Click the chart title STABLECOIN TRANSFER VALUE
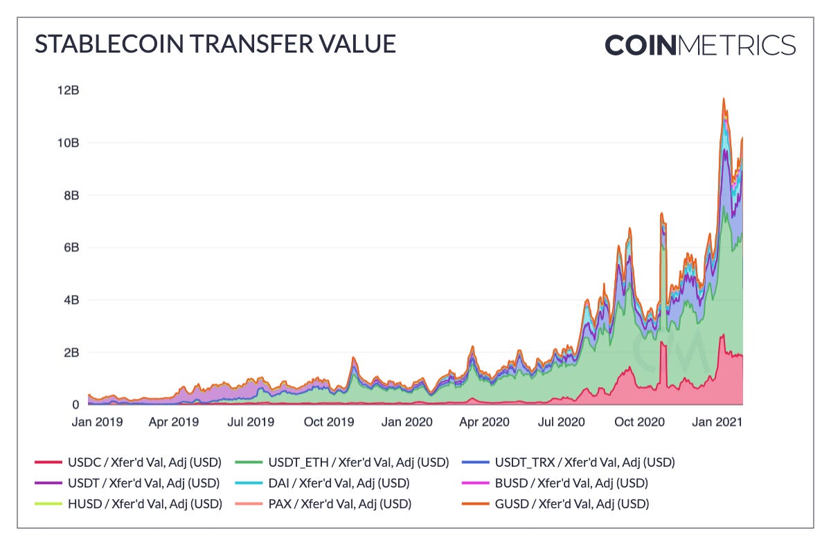coord(215,44)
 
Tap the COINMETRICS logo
coord(699,45)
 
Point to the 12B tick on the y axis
coord(68,90)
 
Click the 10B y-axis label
coord(68,143)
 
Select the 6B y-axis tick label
coord(71,247)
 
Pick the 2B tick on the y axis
coord(71,352)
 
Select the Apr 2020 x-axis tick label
coord(485,421)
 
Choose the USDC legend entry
coord(127,462)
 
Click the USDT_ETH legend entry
coord(342,462)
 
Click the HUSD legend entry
coord(128,503)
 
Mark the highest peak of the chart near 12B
coord(724,98)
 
